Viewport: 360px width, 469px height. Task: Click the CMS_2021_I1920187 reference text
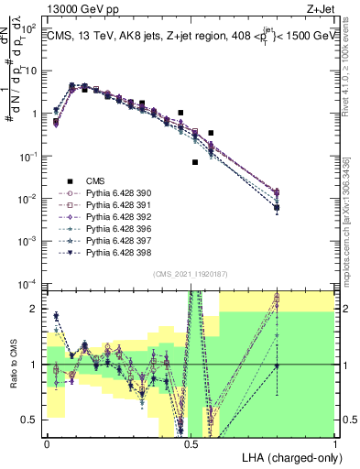pos(191,272)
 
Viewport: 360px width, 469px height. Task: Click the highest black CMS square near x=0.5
pos(181,113)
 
